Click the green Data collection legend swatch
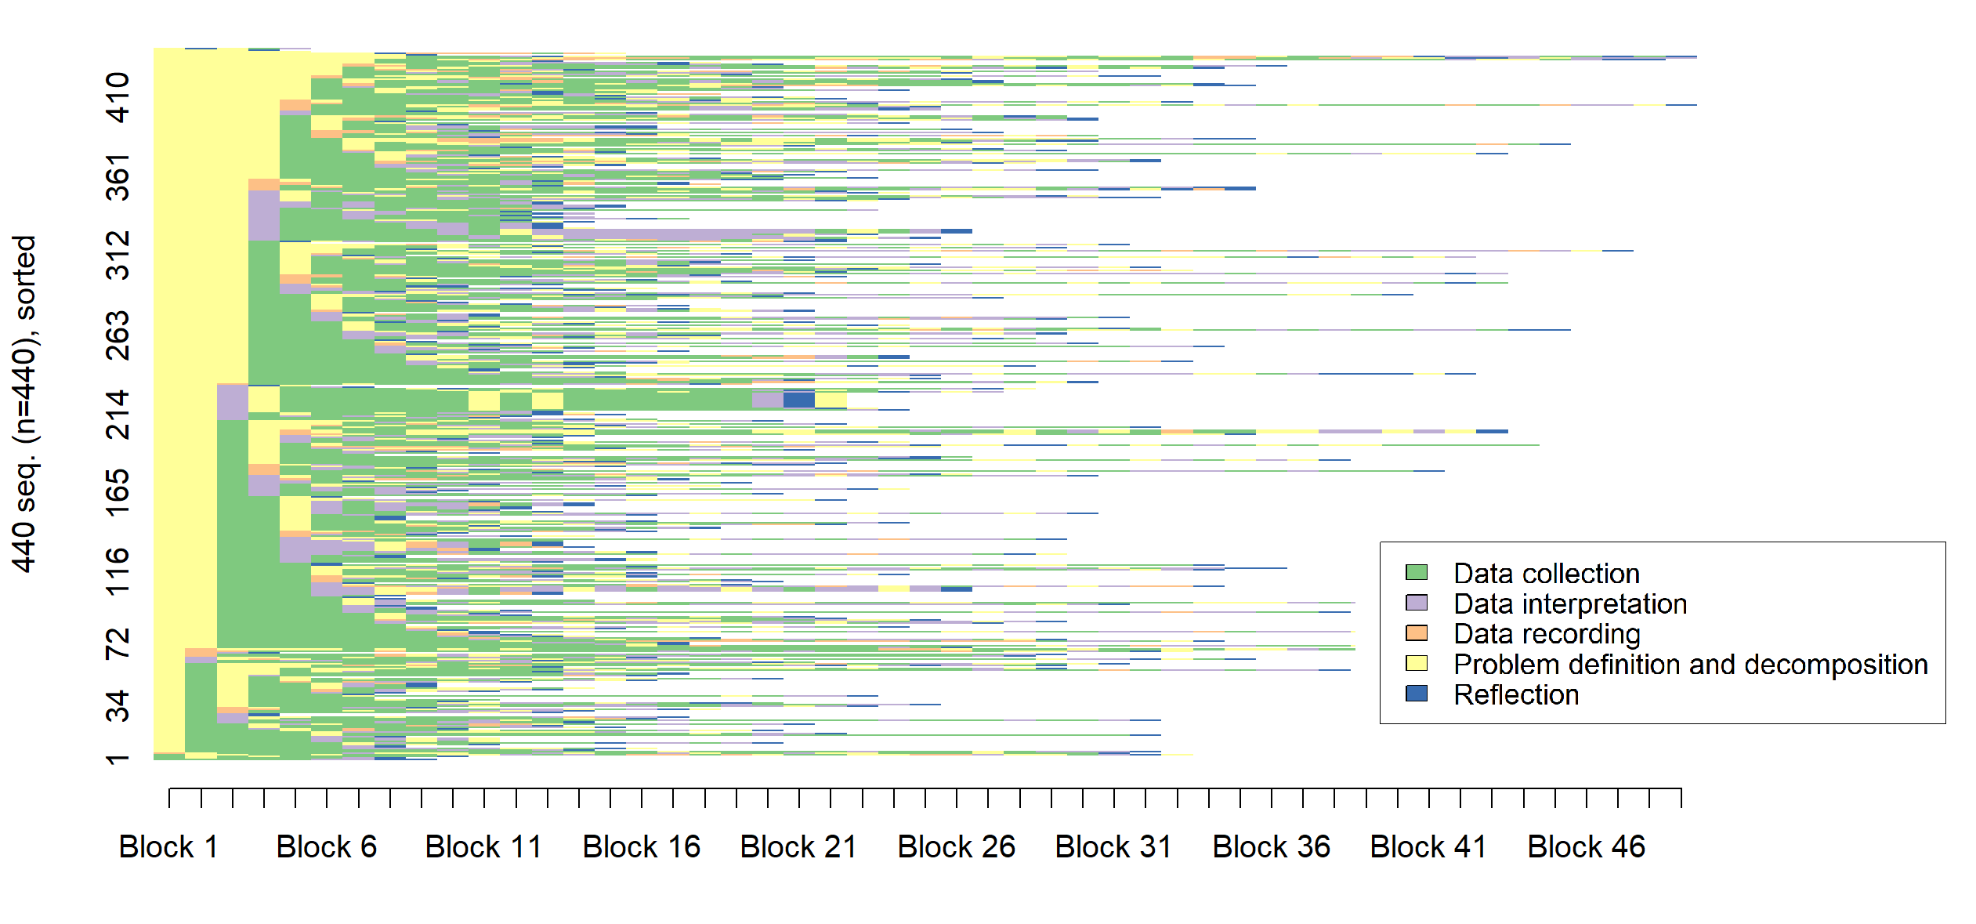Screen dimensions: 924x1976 pyautogui.click(x=1416, y=572)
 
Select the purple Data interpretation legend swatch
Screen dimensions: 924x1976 pyautogui.click(x=1416, y=603)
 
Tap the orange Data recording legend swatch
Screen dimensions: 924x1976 pyautogui.click(x=1416, y=632)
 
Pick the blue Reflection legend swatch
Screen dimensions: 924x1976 pyautogui.click(x=1416, y=694)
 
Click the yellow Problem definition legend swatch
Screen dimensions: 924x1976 pyautogui.click(x=1416, y=663)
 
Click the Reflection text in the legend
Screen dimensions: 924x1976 pyautogui.click(x=1515, y=694)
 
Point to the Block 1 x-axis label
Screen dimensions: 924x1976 pyautogui.click(x=168, y=847)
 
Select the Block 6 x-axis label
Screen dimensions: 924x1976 pyautogui.click(x=326, y=847)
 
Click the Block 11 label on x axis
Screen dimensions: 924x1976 pyautogui.click(x=483, y=847)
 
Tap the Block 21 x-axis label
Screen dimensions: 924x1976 pyautogui.click(x=798, y=847)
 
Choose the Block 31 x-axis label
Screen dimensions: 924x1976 pyautogui.click(x=1113, y=847)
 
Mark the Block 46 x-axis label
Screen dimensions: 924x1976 pyautogui.click(x=1586, y=847)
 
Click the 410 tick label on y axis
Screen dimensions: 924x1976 pyautogui.click(x=118, y=98)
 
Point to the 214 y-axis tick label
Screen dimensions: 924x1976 pyautogui.click(x=118, y=415)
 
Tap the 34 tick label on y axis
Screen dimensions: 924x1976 pyautogui.click(x=118, y=706)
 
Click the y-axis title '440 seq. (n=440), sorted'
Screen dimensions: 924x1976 pyautogui.click(x=24, y=404)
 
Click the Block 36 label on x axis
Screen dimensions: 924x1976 pyautogui.click(x=1271, y=847)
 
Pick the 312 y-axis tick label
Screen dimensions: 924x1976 pyautogui.click(x=118, y=255)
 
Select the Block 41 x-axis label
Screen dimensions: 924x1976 pyautogui.click(x=1428, y=847)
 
